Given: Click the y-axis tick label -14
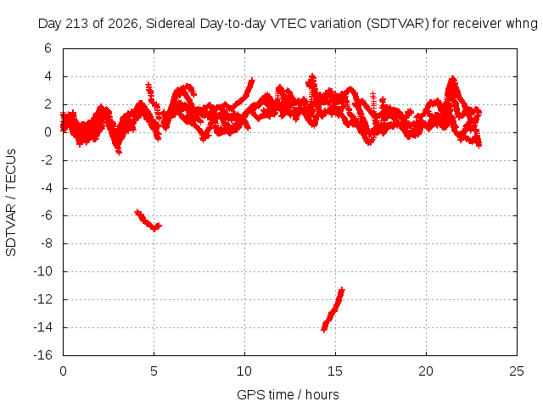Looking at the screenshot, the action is tap(43, 327).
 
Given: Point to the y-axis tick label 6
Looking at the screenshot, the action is tap(48, 48).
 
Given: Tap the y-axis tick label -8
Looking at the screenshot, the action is tap(46, 243).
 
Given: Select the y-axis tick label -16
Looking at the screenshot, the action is tap(43, 355).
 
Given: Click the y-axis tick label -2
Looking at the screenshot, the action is tap(46, 160).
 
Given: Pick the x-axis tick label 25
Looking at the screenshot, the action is tap(517, 371).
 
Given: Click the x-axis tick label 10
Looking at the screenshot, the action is tap(244, 371).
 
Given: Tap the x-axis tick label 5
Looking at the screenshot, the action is tap(154, 371).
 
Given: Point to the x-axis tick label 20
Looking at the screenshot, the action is tap(426, 371).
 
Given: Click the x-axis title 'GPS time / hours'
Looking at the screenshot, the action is tap(288, 395).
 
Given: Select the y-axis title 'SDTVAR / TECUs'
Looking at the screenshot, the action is tap(11, 203).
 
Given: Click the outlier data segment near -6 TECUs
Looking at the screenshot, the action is tap(148, 220).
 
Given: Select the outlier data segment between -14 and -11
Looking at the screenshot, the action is tap(333, 309).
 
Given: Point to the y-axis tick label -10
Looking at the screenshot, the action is tap(43, 271).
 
